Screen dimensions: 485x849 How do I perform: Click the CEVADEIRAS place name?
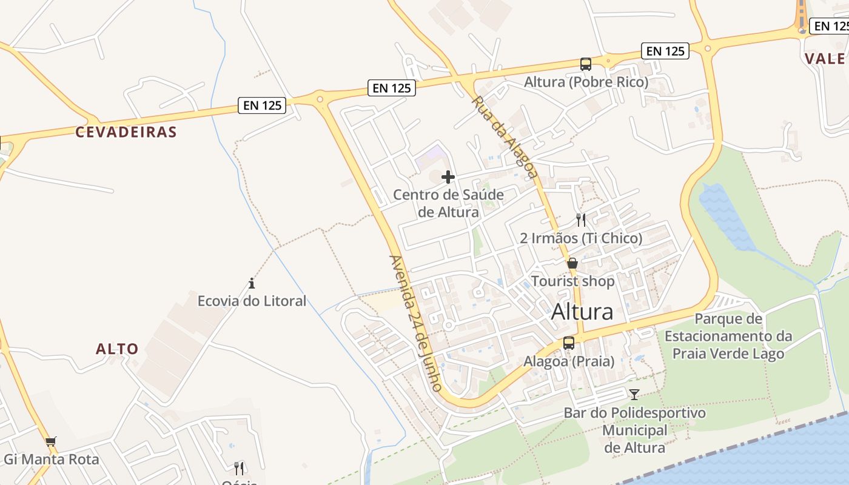126,132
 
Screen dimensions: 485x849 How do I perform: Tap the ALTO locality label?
117,349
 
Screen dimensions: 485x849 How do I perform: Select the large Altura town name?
582,312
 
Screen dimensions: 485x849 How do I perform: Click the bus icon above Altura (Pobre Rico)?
585,64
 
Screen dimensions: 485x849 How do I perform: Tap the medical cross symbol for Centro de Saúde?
448,177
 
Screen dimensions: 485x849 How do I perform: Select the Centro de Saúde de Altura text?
448,204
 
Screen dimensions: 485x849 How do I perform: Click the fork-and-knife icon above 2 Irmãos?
581,219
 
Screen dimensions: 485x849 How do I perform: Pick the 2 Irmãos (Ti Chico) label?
581,238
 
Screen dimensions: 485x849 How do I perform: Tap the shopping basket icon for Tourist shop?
572,263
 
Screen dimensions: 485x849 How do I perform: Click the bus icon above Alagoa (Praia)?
569,343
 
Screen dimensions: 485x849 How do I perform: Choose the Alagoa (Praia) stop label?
569,362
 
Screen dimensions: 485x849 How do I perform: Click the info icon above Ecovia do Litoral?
252,283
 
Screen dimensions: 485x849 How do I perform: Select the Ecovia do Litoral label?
252,301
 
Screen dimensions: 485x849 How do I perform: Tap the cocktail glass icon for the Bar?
634,395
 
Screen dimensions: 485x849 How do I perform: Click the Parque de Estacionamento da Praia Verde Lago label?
728,336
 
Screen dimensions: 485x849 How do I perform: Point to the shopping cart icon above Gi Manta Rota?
51,442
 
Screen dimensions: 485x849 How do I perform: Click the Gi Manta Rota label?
51,460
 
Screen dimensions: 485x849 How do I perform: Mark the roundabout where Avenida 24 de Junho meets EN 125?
320,98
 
